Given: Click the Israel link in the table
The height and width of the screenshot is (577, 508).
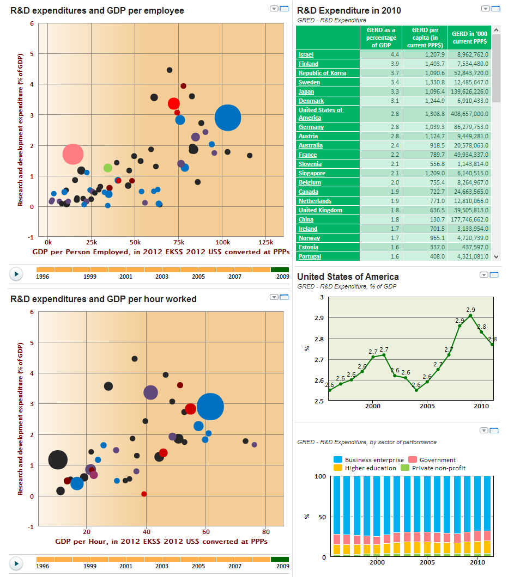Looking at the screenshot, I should pos(306,54).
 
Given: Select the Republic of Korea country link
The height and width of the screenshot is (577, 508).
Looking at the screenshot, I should pos(322,73).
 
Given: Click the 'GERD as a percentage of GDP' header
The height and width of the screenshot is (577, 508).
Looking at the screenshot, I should pos(381,38).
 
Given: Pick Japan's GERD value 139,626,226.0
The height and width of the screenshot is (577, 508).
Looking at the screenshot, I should pos(469,91).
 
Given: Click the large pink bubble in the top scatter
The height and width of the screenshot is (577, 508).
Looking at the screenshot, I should pos(72,154).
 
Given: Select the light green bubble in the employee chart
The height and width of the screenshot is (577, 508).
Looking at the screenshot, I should pos(108,168).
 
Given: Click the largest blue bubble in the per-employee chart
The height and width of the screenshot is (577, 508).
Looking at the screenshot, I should pos(228,118).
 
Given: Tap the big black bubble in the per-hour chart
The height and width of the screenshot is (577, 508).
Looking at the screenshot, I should pos(58,459).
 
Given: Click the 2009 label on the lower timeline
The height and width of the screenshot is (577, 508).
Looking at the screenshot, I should pos(282,566).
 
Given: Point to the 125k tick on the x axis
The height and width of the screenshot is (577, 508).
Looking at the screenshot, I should pos(265,242).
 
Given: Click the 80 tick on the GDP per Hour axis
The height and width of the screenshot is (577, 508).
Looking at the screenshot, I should pos(265,531).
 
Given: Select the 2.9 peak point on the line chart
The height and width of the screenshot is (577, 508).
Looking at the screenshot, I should pos(470,315).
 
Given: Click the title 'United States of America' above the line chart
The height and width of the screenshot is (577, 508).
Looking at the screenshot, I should pos(348,277).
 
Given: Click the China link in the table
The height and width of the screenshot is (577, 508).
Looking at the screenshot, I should pos(306,219).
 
